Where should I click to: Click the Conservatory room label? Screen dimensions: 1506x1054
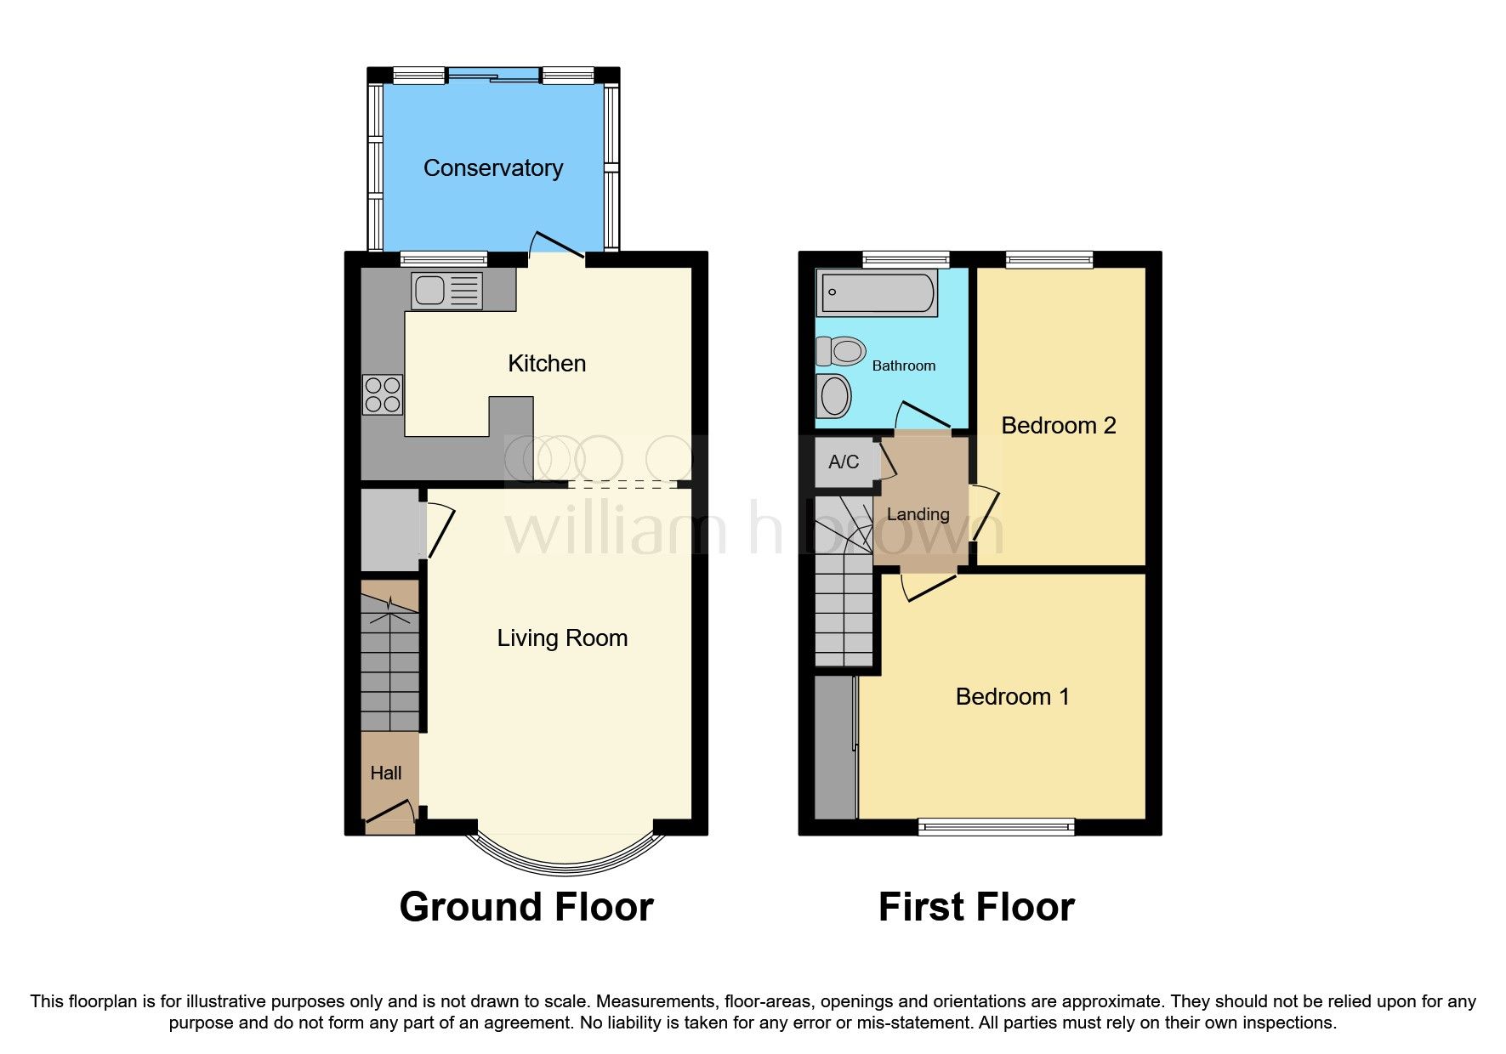pos(493,168)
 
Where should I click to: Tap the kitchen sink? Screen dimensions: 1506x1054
pos(446,291)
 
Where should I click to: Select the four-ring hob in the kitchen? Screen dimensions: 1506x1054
pos(383,394)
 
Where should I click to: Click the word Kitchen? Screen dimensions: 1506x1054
pos(547,364)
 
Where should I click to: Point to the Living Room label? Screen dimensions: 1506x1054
pos(562,638)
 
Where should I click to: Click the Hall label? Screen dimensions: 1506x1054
pos(386,773)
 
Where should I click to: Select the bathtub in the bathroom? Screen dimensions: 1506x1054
pos(877,292)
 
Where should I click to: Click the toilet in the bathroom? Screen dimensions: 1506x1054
pos(841,350)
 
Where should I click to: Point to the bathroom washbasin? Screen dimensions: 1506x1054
pos(833,396)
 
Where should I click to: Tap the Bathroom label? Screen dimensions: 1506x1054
pos(904,365)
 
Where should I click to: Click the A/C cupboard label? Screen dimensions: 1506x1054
pos(844,462)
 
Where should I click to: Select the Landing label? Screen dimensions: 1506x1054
pos(918,514)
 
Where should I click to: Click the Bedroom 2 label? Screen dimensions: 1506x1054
pos(1059,425)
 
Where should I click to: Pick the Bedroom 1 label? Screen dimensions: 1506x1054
pos(1013,697)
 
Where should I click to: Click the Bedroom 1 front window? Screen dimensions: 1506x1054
pos(997,826)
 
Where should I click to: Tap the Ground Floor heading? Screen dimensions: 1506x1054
pos(526,907)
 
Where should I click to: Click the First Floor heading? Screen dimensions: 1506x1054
pos(976,907)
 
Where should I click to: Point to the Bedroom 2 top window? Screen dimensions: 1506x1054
pos(1049,259)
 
